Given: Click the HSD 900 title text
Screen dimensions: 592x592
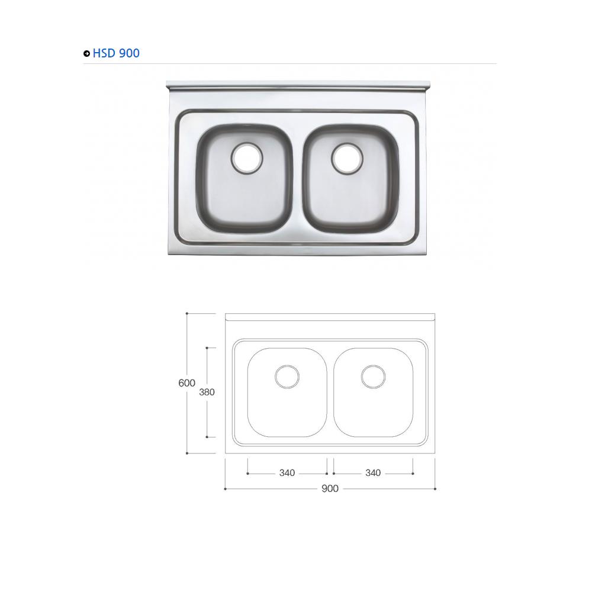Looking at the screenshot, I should pyautogui.click(x=116, y=53).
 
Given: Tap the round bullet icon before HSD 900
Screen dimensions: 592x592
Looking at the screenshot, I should pyautogui.click(x=87, y=54).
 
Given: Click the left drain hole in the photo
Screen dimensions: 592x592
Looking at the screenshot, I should pyautogui.click(x=246, y=157).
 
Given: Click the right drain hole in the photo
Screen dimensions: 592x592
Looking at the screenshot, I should pyautogui.click(x=346, y=157).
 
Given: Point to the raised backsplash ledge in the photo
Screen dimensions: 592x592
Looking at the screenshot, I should pyautogui.click(x=298, y=86).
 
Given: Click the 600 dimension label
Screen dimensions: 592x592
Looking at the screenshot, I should pyautogui.click(x=186, y=383).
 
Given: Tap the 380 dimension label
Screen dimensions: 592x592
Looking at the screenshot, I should pyautogui.click(x=207, y=392).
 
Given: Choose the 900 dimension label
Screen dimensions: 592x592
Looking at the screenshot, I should pyautogui.click(x=330, y=489).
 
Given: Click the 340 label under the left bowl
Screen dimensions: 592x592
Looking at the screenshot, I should pyautogui.click(x=287, y=473).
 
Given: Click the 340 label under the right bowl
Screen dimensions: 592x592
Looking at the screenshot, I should pyautogui.click(x=373, y=473).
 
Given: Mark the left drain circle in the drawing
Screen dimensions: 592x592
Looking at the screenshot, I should pyautogui.click(x=287, y=377).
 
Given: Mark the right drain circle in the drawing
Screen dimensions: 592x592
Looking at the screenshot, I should pyautogui.click(x=373, y=377).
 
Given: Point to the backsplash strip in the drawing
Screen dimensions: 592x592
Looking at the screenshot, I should pyautogui.click(x=330, y=317).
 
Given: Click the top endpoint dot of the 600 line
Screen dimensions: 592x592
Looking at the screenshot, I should pyautogui.click(x=187, y=313).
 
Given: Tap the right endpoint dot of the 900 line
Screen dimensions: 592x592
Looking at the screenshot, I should pyautogui.click(x=435, y=489).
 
